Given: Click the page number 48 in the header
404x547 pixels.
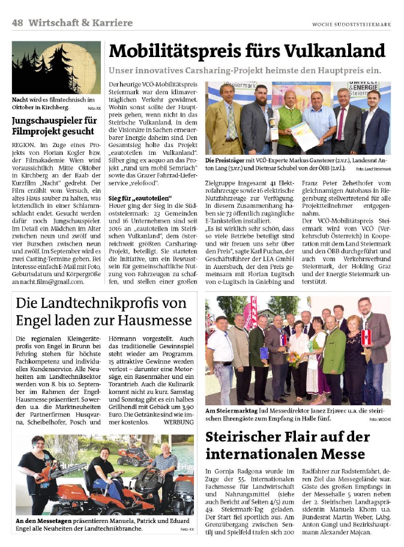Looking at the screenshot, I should (17, 23).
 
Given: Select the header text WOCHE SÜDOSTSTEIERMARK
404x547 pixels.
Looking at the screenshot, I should (351, 24).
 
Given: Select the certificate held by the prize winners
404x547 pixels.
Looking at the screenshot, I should (304, 136).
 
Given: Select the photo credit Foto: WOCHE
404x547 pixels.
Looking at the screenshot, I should (379, 419).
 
